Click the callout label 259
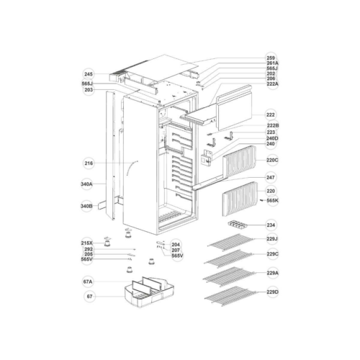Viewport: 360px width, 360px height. coord(271,58)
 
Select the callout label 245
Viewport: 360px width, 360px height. coord(89,74)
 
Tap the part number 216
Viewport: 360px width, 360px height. coord(89,163)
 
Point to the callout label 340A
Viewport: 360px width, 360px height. coord(86,184)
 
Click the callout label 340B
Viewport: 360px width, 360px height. coord(86,206)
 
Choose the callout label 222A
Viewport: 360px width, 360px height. coord(273,84)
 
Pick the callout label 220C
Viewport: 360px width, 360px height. coord(272,160)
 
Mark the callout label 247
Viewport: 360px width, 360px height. coord(271,178)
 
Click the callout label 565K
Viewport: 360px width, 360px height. coord(273,200)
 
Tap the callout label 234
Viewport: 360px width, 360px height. coord(271,225)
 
